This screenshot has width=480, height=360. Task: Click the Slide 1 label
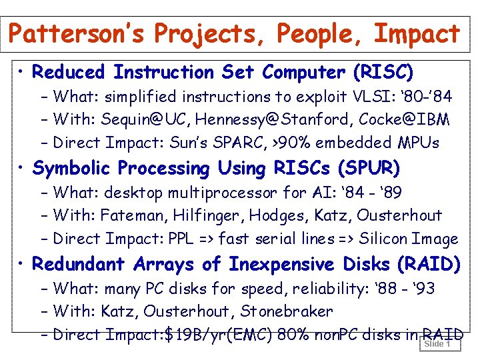click(437, 345)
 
